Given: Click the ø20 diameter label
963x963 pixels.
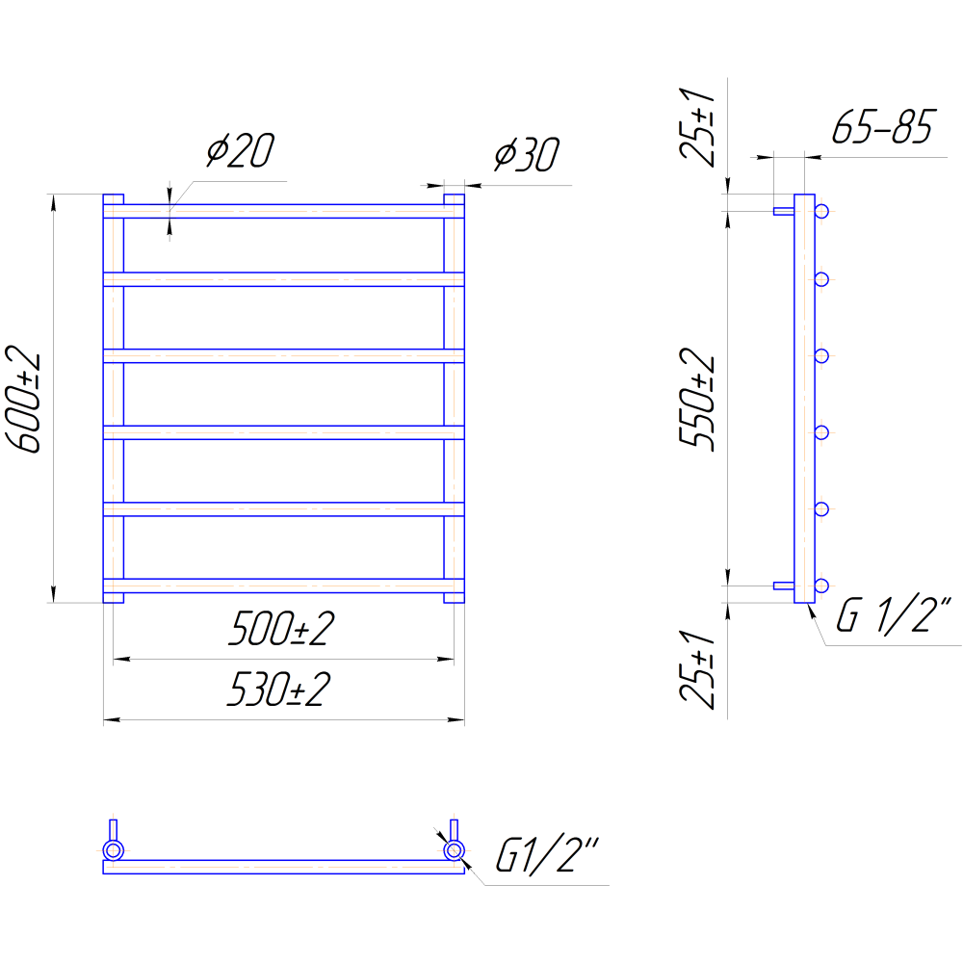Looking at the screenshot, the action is (240, 150).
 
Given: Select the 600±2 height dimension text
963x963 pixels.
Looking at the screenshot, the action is (23, 399).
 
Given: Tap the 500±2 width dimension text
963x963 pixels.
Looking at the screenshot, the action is (282, 628).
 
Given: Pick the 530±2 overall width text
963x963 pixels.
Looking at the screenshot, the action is (279, 689).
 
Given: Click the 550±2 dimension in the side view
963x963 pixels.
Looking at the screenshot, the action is (697, 400).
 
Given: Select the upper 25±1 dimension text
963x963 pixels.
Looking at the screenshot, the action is (697, 127).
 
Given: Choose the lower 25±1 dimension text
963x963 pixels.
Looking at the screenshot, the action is (697, 669).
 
